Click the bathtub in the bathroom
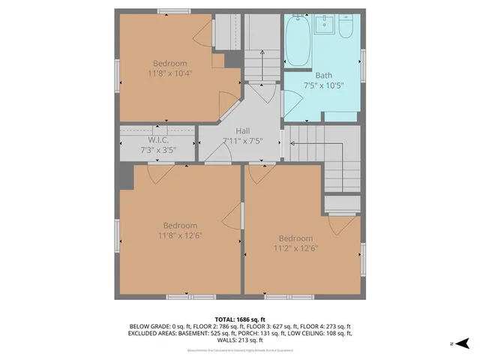coord(298,42)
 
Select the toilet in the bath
coord(346,27)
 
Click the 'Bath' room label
coord(323,75)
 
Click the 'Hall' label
coord(242,130)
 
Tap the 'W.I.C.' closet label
coord(157,139)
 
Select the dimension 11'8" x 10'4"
coord(170,73)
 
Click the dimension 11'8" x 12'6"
coord(180,235)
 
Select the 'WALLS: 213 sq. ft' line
coord(240,339)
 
